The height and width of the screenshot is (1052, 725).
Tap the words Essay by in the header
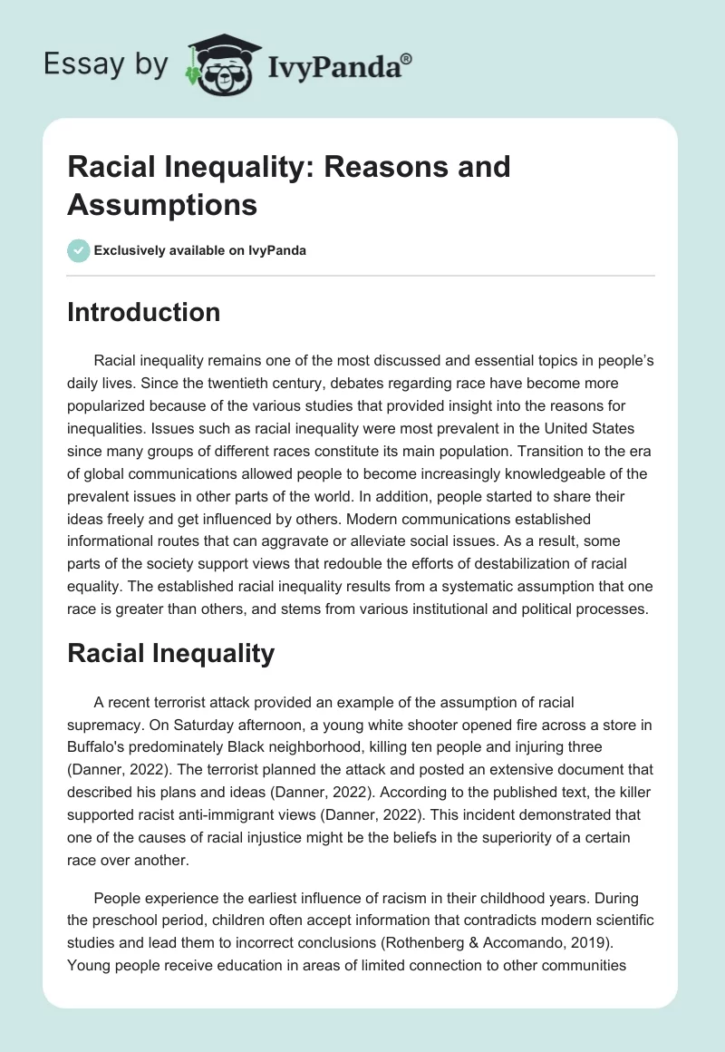(x=107, y=65)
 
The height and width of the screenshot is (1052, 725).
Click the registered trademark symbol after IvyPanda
(x=406, y=58)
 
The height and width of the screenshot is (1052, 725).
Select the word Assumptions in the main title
(x=162, y=205)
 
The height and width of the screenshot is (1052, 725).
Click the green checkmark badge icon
(x=79, y=250)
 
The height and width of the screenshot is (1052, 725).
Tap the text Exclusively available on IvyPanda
(x=201, y=251)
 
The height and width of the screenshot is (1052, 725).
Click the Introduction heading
(x=143, y=312)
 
